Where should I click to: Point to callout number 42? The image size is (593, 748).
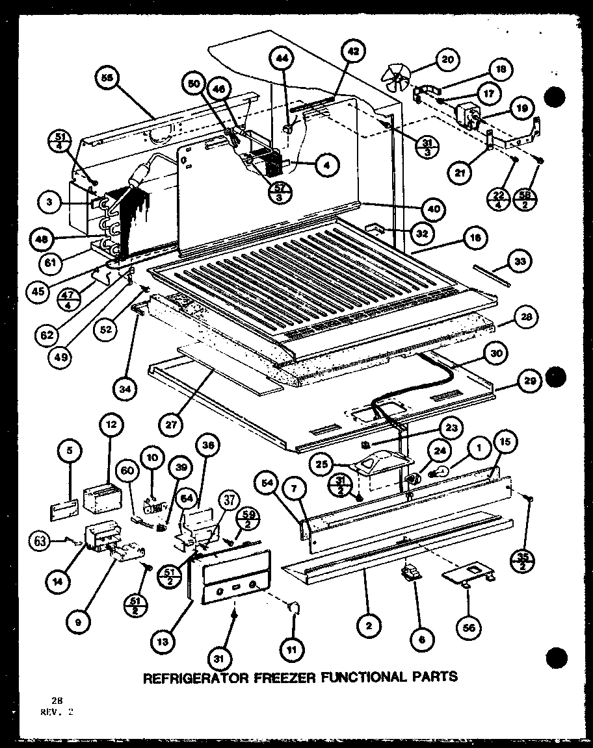click(x=353, y=51)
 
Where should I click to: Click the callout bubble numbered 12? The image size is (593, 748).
click(x=111, y=425)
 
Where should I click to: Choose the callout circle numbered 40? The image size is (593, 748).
click(x=432, y=209)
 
